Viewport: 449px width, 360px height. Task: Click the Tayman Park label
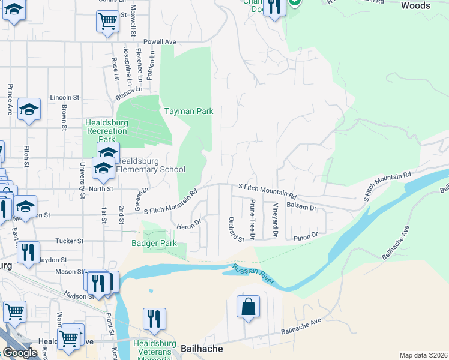189,111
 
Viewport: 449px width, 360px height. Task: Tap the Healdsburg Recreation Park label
107,130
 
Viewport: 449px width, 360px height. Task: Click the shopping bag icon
248,307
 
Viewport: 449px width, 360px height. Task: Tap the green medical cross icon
294,2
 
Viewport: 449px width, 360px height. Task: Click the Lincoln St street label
65,97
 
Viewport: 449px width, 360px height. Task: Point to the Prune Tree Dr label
253,219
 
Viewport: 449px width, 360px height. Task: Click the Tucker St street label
70,241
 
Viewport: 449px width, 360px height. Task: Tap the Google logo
19,352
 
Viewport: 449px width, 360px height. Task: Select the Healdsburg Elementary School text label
150,166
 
